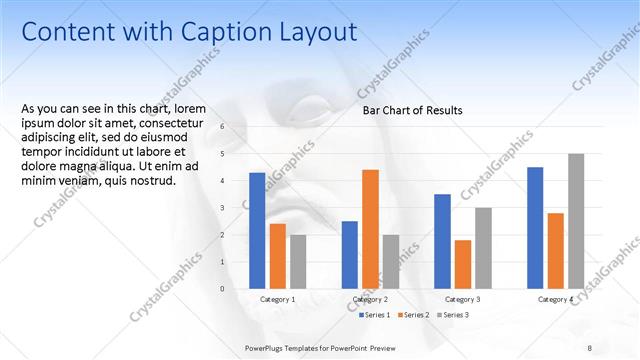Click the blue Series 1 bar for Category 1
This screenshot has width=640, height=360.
pyautogui.click(x=257, y=231)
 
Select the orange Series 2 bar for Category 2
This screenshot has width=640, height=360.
pyautogui.click(x=370, y=229)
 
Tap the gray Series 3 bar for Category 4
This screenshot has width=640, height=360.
pyautogui.click(x=576, y=221)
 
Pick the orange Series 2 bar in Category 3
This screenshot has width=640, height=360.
pyautogui.click(x=462, y=264)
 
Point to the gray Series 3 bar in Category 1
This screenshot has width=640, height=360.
pyautogui.click(x=298, y=262)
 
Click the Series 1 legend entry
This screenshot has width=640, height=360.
pyautogui.click(x=375, y=315)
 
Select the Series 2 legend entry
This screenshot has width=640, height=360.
pyautogui.click(x=413, y=315)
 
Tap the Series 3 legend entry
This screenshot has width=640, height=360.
pyautogui.click(x=451, y=315)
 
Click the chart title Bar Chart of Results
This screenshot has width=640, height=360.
pyautogui.click(x=412, y=111)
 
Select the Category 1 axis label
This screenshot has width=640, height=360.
pyautogui.click(x=277, y=299)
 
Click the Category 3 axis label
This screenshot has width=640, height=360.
pyautogui.click(x=462, y=299)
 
